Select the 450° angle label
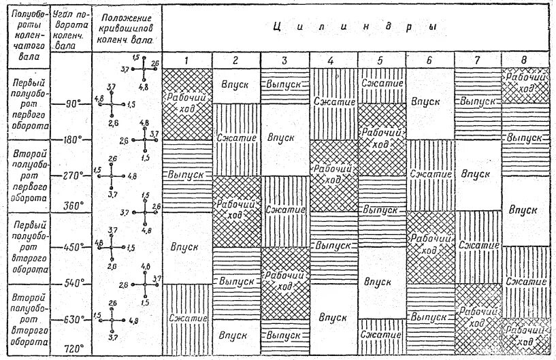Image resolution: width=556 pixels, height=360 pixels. tap(72, 246)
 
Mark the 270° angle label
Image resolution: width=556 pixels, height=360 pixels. tap(72, 175)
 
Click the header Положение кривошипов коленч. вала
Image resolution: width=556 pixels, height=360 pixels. tap(127, 29)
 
